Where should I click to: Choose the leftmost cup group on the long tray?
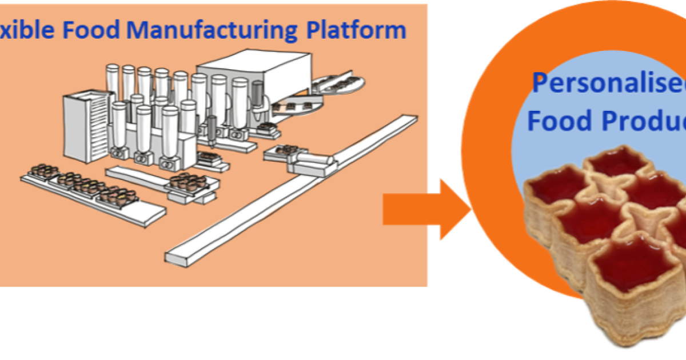[43, 171]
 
